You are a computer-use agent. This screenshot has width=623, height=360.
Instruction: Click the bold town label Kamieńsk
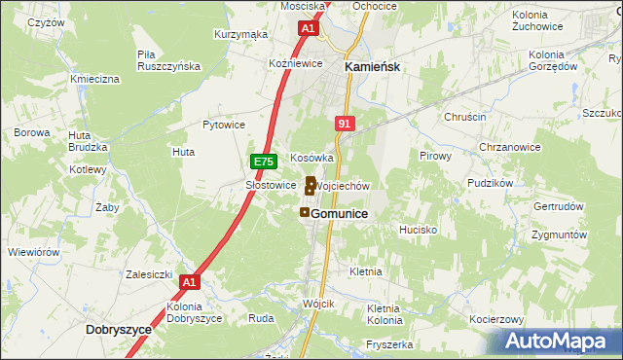[x=375, y=67]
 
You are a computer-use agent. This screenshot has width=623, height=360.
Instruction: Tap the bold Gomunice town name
[x=339, y=213]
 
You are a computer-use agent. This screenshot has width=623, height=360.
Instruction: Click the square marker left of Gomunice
[x=305, y=212]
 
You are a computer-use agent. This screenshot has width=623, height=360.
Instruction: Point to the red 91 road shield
[x=344, y=124]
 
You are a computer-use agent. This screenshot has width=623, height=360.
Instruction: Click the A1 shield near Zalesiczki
[x=190, y=283]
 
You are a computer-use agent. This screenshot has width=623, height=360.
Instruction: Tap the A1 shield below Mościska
[x=308, y=29]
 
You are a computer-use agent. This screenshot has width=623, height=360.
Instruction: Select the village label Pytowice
[x=223, y=125]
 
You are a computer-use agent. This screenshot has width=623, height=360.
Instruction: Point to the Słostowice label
[x=270, y=184]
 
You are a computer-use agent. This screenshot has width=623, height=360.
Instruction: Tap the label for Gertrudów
[x=558, y=207]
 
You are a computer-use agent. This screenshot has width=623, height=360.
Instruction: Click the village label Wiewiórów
[x=33, y=252]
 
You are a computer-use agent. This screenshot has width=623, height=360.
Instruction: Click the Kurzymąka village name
[x=240, y=34]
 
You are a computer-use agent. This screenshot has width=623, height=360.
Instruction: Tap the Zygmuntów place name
[x=560, y=235]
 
